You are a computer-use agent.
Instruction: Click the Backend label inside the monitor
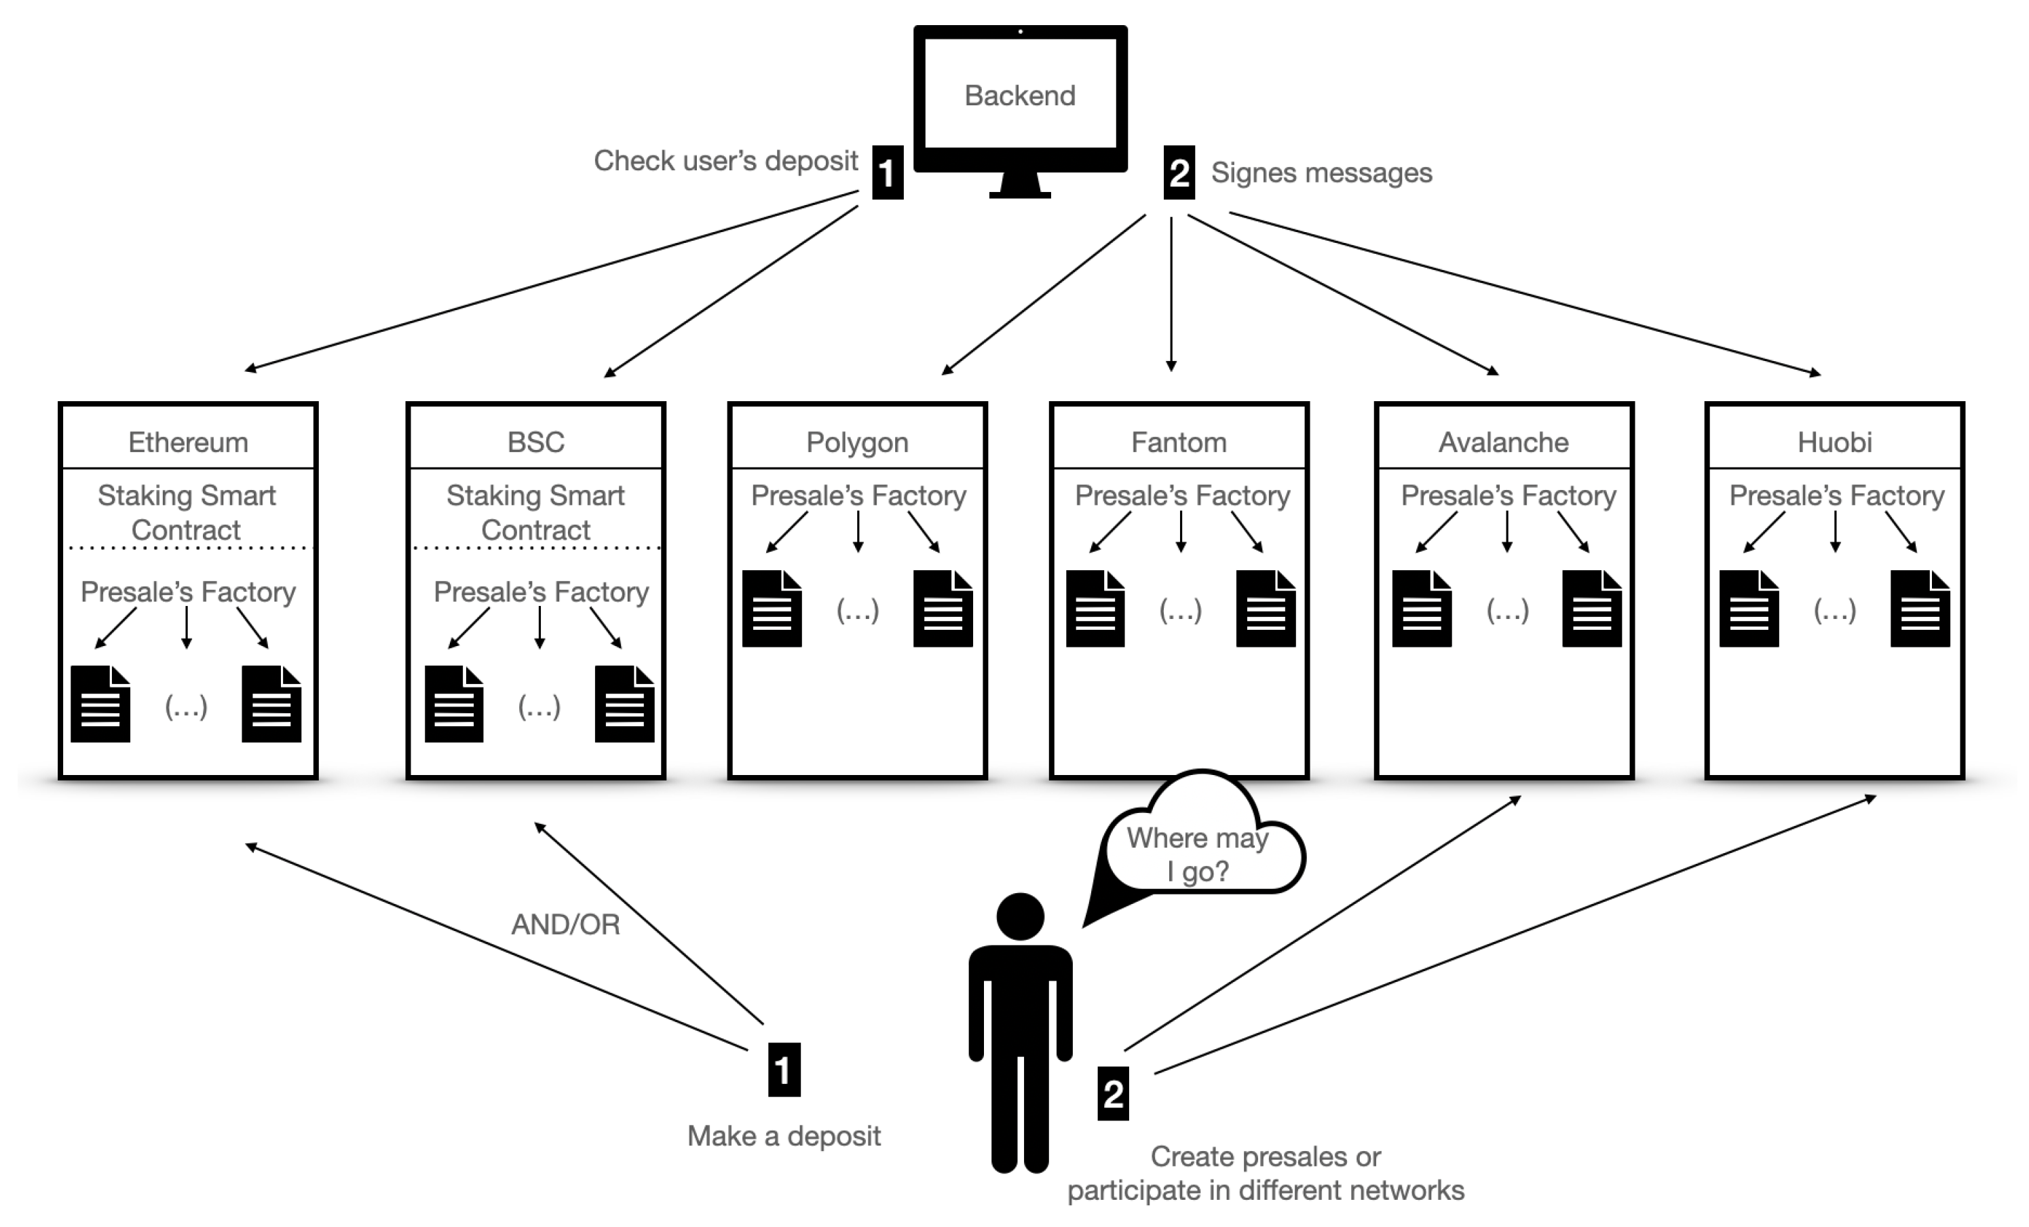(x=1019, y=96)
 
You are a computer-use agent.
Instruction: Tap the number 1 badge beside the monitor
(x=887, y=172)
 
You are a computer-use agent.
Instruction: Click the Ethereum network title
(x=188, y=442)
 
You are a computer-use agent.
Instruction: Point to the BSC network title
(x=535, y=442)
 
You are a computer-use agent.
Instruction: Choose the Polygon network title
(x=857, y=443)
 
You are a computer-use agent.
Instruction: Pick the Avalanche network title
(x=1504, y=442)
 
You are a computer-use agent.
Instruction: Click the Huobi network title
(x=1835, y=442)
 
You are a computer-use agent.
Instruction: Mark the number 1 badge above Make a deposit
(x=784, y=1070)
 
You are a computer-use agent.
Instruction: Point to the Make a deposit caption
(x=784, y=1137)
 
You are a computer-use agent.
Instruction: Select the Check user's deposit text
(x=726, y=161)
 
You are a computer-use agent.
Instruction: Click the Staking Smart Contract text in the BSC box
(x=535, y=512)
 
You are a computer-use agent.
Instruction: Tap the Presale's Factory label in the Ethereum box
(x=188, y=591)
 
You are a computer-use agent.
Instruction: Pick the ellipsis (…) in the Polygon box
(x=857, y=610)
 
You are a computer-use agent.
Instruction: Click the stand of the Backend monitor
(x=1019, y=185)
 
